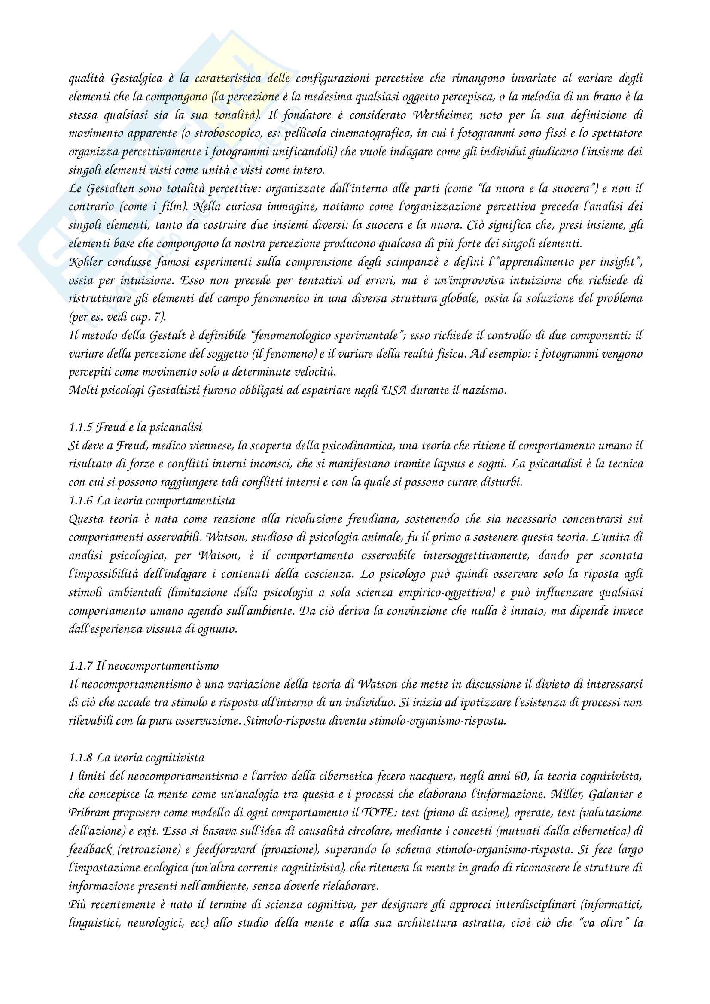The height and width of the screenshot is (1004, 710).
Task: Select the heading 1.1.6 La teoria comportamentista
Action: (152, 500)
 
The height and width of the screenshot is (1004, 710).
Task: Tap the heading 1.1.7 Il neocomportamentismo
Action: (143, 666)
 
